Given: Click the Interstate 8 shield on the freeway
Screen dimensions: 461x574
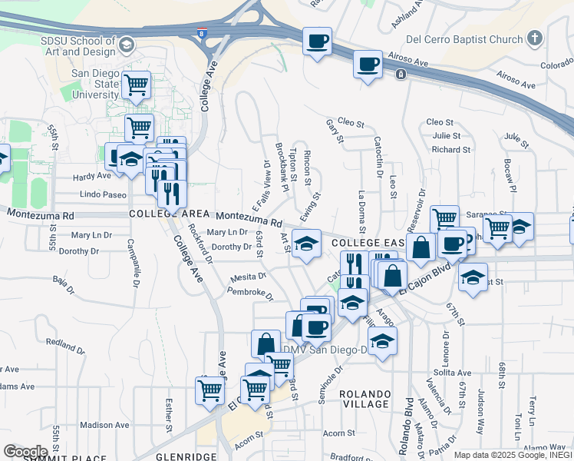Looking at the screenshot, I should tap(202, 35).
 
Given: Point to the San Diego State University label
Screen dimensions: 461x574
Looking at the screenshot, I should tap(95, 84).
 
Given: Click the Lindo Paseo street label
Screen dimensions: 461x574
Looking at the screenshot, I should tap(103, 195).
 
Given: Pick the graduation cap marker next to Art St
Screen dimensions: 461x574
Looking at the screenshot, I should tap(307, 243).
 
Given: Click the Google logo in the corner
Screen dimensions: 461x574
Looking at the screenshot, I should tap(25, 452).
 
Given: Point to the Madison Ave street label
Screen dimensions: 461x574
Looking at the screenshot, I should tap(104, 425).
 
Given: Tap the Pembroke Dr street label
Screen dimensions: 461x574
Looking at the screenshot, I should tap(250, 293).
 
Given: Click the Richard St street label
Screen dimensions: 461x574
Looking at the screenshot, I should tap(445, 150).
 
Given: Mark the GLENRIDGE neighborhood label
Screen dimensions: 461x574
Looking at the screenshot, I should tap(186, 456).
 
